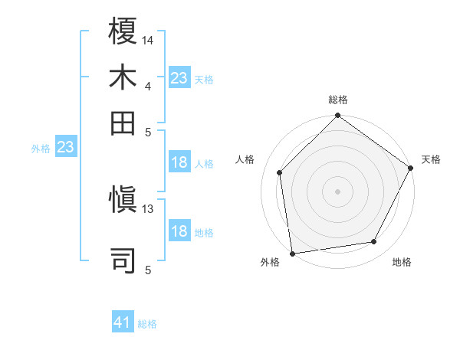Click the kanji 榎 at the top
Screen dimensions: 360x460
pyautogui.click(x=124, y=34)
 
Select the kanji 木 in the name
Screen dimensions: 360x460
pyautogui.click(x=124, y=78)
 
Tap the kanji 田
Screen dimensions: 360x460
pyautogui.click(x=124, y=123)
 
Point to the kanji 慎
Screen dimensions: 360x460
pyautogui.click(x=124, y=201)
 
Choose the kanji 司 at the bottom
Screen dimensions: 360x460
pyautogui.click(x=124, y=260)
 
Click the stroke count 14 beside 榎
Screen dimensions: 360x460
pyautogui.click(x=148, y=40)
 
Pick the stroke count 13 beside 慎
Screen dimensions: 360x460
pyautogui.click(x=148, y=208)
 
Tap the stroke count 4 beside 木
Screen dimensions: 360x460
pyautogui.click(x=148, y=86)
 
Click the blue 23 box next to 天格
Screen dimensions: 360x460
pyautogui.click(x=179, y=78)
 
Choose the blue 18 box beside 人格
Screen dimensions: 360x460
pyautogui.click(x=179, y=162)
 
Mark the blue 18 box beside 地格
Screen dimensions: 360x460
pyautogui.click(x=179, y=232)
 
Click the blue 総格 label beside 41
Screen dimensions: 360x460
pyautogui.click(x=147, y=324)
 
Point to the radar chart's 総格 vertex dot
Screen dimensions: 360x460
pyautogui.click(x=337, y=116)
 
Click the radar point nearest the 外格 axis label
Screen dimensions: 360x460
pyautogui.click(x=292, y=253)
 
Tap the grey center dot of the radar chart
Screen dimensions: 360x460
pyautogui.click(x=337, y=191)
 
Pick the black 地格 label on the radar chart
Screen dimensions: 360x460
pyautogui.click(x=402, y=263)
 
